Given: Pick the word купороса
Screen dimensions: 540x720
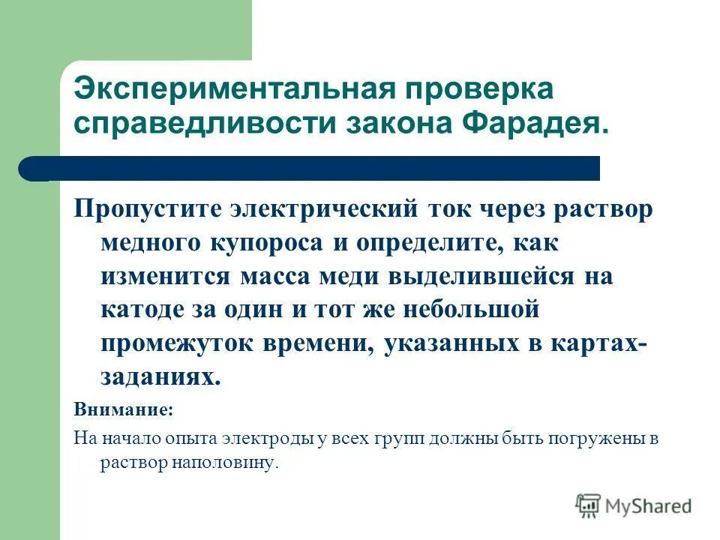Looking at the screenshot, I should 261,242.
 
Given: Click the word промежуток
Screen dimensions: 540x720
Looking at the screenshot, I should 176,343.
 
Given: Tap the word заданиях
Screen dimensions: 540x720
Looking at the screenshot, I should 160,377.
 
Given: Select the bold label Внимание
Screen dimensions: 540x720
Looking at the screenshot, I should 123,411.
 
